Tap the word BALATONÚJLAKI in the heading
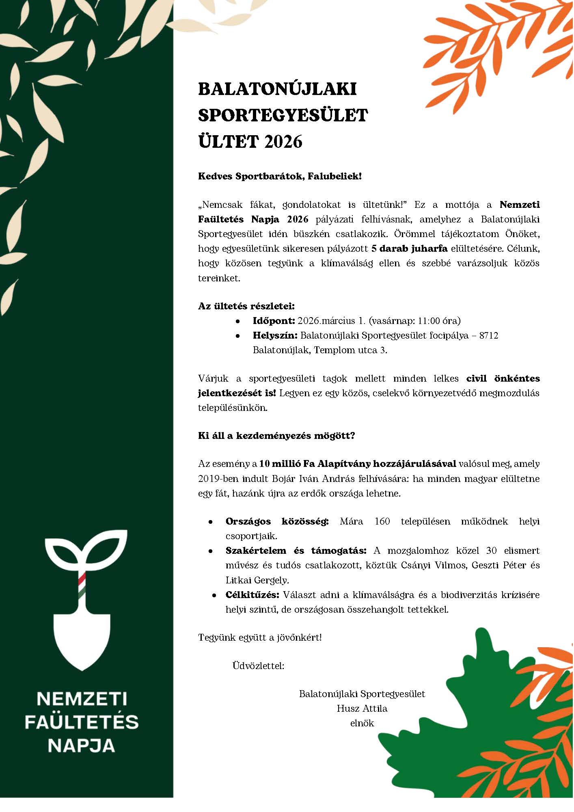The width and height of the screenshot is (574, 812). click(x=277, y=89)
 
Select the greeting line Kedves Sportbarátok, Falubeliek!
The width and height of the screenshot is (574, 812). click(x=280, y=177)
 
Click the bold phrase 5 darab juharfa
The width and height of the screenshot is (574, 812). click(x=409, y=248)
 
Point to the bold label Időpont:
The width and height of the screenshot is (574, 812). click(x=274, y=321)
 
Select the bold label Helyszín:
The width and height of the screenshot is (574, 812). click(x=275, y=336)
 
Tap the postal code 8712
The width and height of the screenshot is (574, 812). click(x=488, y=336)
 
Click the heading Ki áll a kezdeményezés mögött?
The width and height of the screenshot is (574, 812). click(x=276, y=436)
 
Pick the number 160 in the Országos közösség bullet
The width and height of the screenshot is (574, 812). click(x=382, y=521)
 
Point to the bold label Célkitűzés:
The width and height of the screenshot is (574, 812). click(x=252, y=595)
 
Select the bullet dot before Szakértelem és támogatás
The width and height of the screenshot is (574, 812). click(x=210, y=551)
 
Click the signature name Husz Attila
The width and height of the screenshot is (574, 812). click(x=362, y=708)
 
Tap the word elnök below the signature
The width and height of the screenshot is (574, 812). click(x=362, y=723)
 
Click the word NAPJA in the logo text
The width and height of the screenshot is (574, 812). click(x=82, y=745)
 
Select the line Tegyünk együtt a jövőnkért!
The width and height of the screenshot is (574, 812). click(x=260, y=637)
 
